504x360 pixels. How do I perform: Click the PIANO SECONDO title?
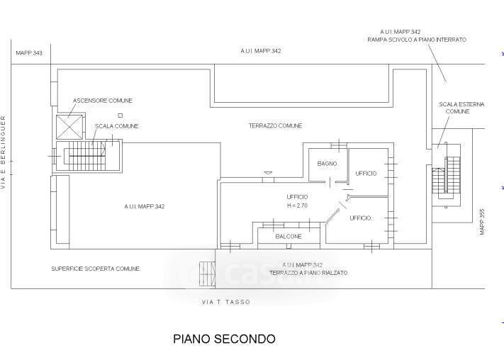[x=224, y=339]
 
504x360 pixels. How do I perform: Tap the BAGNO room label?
[x=327, y=164]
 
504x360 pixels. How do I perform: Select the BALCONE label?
[x=289, y=236]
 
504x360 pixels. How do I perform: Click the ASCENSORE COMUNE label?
[x=102, y=101]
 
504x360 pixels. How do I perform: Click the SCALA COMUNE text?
[x=116, y=126]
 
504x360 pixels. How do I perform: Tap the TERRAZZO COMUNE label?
[x=275, y=126]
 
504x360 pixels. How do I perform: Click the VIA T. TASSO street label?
[x=225, y=302]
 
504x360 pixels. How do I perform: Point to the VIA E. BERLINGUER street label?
[x=4, y=152]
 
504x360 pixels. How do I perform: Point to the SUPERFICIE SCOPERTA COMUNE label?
[x=95, y=269]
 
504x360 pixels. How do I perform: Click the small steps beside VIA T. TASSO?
[x=207, y=272]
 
